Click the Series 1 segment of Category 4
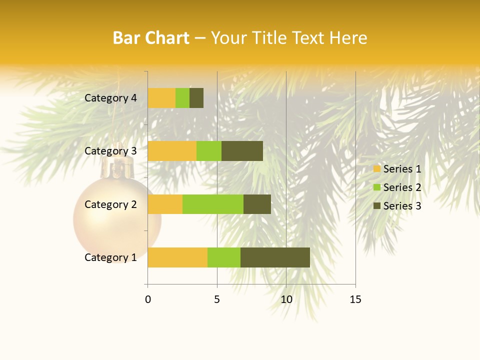(161, 98)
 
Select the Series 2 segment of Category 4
(182, 98)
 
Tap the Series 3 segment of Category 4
(196, 98)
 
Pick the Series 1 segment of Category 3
(172, 151)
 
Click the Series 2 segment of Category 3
(209, 151)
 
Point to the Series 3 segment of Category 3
(242, 151)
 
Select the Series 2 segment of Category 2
(213, 204)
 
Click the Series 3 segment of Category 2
(257, 204)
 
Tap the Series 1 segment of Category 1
(177, 257)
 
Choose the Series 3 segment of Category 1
(275, 257)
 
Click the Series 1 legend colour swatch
(377, 169)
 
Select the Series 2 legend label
(402, 187)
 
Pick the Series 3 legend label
(402, 206)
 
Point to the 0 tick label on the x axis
(148, 299)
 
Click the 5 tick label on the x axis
(217, 299)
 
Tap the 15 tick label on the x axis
(355, 299)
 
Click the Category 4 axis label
(110, 98)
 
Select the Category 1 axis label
(110, 257)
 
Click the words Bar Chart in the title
(151, 38)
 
